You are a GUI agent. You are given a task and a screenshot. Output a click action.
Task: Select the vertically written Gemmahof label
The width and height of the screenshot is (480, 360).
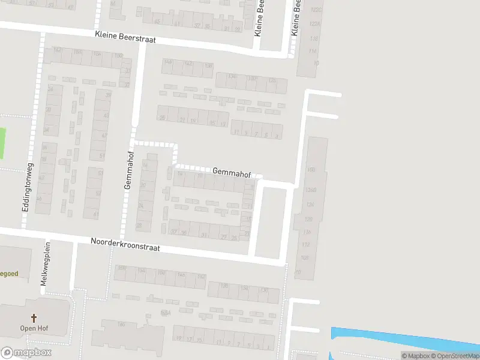click(x=128, y=170)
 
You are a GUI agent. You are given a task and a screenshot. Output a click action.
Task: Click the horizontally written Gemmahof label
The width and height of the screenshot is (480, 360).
click(x=231, y=171)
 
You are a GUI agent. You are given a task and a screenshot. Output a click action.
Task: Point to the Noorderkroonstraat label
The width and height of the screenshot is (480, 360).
click(x=125, y=244)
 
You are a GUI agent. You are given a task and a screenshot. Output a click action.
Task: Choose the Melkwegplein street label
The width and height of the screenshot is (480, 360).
click(x=46, y=268)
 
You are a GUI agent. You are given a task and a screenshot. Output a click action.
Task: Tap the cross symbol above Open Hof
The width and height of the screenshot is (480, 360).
click(x=34, y=318)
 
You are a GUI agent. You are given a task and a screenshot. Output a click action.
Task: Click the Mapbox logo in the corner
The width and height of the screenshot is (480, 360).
click(x=26, y=353)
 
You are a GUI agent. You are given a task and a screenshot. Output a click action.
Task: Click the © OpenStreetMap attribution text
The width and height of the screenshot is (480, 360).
click(x=454, y=356)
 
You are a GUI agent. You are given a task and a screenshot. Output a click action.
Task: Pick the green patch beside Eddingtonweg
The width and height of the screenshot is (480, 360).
click(x=2, y=143)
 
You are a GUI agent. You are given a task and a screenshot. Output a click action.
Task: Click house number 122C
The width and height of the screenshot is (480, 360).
click(x=316, y=10)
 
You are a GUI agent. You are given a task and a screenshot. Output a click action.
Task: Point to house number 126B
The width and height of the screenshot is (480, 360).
click(x=310, y=190)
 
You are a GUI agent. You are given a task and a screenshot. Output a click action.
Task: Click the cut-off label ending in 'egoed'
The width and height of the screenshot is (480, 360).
click(x=9, y=274)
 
